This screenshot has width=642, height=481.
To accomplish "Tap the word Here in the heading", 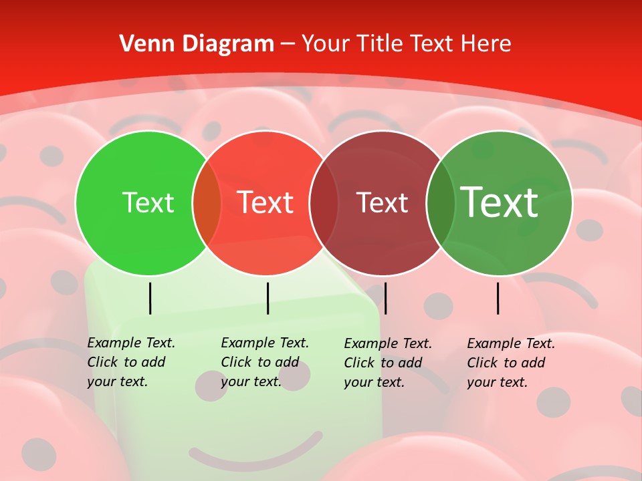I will tap(487, 44).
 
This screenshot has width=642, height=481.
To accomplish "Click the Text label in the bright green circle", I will tap(148, 202).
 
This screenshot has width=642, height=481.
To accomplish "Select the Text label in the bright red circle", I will tap(265, 202).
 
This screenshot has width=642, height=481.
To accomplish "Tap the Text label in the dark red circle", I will tap(382, 202).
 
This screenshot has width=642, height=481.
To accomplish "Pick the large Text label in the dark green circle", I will tap(500, 202).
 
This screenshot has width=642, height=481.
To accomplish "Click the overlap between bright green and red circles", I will tap(207, 203).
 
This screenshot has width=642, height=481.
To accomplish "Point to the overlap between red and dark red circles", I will tap(324, 203).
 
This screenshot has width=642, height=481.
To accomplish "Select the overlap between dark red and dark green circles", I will tap(441, 203).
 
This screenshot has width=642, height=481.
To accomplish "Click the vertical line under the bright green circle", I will tap(150, 298).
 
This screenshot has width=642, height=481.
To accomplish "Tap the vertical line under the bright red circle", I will tap(267, 298).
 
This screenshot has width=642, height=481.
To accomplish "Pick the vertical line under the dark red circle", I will tap(385, 298).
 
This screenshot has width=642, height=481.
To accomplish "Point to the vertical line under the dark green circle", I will tap(498, 298).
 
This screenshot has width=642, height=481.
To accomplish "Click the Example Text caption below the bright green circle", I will tap(130, 362).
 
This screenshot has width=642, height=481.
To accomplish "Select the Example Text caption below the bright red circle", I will tap(264, 362).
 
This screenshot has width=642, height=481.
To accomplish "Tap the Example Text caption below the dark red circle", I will tap(387, 363).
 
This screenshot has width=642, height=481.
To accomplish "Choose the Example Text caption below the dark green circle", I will tap(510, 363).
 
